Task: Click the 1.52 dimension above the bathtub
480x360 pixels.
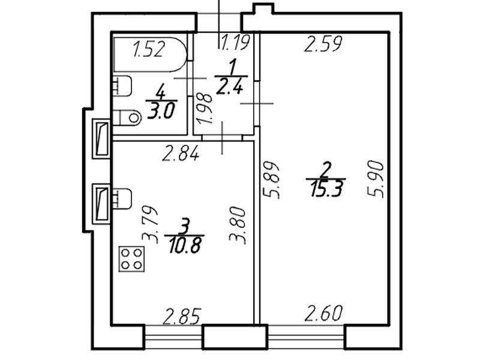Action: (148, 49)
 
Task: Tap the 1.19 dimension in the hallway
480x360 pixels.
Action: (235, 43)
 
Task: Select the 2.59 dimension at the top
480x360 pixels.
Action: (323, 44)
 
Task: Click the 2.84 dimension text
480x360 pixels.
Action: (181, 154)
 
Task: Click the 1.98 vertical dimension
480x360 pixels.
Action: (205, 108)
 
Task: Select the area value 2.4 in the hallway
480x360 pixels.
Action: (230, 88)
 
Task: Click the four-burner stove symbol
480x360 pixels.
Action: (132, 259)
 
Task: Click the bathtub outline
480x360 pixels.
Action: (150, 54)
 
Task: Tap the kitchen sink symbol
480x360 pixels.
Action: (122, 199)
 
